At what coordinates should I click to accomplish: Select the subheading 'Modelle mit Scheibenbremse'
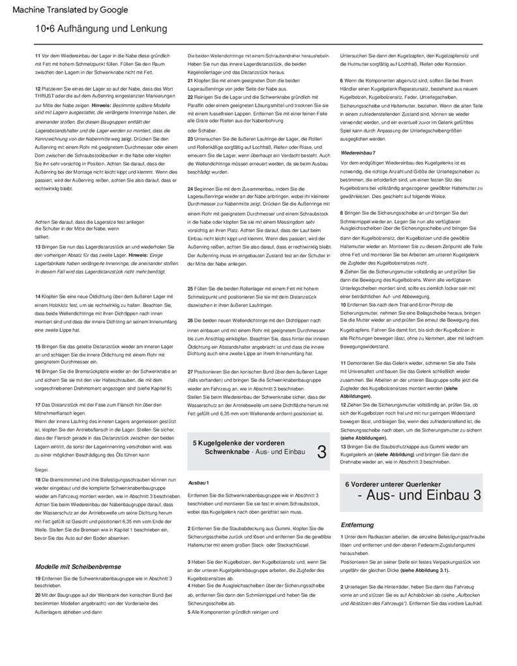coord(78,566)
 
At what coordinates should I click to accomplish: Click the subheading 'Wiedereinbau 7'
coord(358,153)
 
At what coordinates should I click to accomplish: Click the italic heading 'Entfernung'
coord(357,524)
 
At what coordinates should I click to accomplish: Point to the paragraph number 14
coord(37,297)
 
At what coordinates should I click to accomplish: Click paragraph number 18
coord(37,480)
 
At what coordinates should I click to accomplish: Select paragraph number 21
coord(190,80)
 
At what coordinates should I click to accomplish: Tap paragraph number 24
coord(190,188)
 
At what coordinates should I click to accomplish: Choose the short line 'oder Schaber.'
coord(201,129)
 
